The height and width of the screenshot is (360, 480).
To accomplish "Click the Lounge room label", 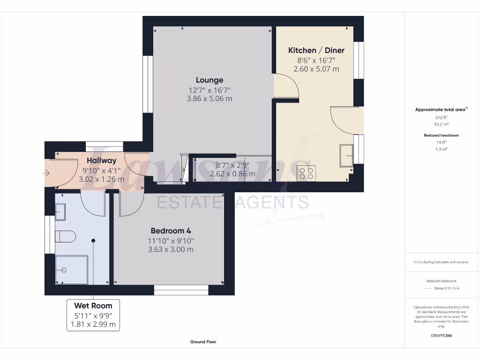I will click(x=210, y=80).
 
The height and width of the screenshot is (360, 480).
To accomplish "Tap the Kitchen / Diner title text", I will click(x=316, y=51).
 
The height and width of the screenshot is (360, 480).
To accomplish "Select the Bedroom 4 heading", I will click(x=171, y=231).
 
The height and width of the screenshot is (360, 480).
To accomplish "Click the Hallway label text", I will click(x=101, y=161).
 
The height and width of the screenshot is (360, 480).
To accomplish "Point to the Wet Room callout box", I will click(x=93, y=315).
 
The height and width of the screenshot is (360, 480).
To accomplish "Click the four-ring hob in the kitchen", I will click(x=307, y=173).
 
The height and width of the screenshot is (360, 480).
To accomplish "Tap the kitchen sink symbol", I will click(x=347, y=155).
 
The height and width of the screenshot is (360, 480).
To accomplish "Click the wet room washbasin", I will click(x=60, y=212).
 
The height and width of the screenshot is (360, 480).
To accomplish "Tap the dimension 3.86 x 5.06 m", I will click(x=210, y=99).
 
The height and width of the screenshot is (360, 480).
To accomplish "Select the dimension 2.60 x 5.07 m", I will click(x=316, y=69).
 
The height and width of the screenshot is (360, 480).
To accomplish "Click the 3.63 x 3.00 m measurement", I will click(x=171, y=249).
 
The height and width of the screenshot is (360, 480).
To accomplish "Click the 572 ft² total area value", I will click(x=441, y=118).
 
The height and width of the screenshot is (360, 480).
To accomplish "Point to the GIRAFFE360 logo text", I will click(x=441, y=336).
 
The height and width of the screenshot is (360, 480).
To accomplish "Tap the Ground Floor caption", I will click(x=203, y=342).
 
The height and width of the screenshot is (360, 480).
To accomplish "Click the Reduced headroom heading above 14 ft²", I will click(x=441, y=135).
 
